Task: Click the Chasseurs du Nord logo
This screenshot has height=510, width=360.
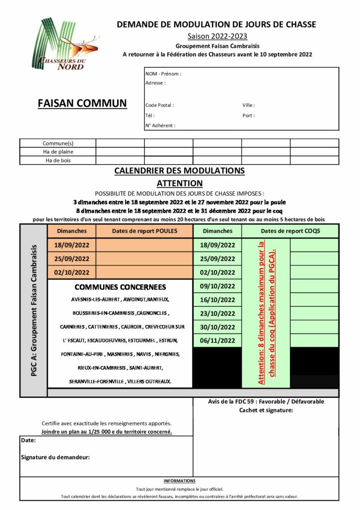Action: click(x=65, y=45)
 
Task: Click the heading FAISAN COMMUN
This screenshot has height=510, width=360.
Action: click(x=82, y=104)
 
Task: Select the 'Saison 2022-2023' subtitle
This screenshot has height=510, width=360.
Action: click(x=217, y=36)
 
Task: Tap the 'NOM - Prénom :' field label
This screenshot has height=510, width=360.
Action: click(x=163, y=74)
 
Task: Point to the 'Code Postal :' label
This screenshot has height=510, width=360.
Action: click(x=160, y=106)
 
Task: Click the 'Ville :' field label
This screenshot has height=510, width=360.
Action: click(x=248, y=106)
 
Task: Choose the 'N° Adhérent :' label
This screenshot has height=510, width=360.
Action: click(x=160, y=126)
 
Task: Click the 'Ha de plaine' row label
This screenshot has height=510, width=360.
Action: click(x=58, y=152)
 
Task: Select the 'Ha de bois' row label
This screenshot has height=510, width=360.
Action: click(x=58, y=160)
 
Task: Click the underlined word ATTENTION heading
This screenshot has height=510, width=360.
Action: click(x=180, y=183)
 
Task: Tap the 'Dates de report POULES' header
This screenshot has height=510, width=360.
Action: click(x=144, y=231)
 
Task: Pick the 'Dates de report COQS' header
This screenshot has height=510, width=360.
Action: click(x=290, y=231)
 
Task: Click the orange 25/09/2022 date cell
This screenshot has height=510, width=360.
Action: click(x=72, y=258)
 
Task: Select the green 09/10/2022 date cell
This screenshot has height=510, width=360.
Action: click(x=217, y=286)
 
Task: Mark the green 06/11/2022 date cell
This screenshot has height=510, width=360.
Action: click(x=217, y=341)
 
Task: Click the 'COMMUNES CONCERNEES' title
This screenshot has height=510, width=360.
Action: click(x=120, y=287)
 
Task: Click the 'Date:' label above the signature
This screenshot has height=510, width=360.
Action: click(x=28, y=440)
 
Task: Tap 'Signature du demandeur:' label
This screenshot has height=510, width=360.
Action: click(x=55, y=457)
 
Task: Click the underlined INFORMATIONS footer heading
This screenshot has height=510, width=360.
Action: click(x=180, y=481)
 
